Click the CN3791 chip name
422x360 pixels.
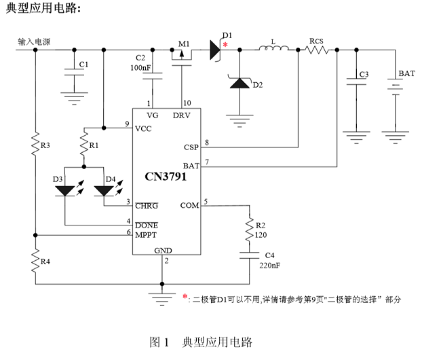[x=166, y=176]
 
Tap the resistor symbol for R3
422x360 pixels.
[x=37, y=145]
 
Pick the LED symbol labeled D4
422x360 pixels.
[x=104, y=190]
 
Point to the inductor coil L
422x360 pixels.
[x=273, y=50]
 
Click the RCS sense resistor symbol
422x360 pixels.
[x=315, y=50]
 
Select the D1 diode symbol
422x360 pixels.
[x=214, y=48]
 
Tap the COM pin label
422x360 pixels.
[x=190, y=204]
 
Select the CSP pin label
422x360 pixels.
[x=191, y=147]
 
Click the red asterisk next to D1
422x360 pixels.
[x=226, y=43]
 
